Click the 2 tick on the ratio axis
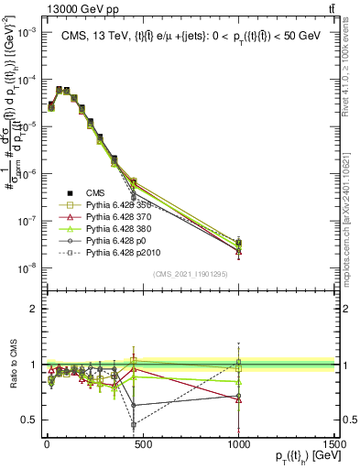pyautogui.click(x=32, y=309)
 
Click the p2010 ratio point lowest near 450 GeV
pyautogui.click(x=134, y=425)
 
